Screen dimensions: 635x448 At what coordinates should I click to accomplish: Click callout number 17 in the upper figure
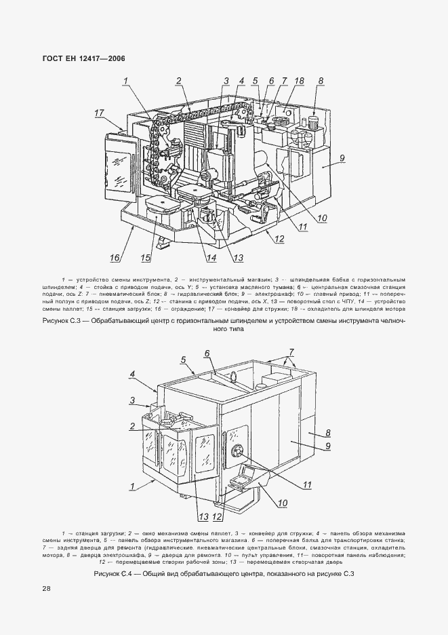click(99, 113)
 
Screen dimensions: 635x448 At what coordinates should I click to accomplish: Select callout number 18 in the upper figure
click(299, 81)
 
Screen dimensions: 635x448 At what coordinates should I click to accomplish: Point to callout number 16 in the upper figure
click(115, 257)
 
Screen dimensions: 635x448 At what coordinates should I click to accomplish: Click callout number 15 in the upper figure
click(145, 257)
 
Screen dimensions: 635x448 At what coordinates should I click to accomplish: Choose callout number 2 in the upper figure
click(179, 81)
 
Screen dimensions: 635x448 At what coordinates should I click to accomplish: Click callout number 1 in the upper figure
click(125, 81)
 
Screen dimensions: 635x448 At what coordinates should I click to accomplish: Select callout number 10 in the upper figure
click(321, 218)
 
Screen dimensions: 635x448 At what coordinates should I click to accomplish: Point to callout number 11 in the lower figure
click(307, 484)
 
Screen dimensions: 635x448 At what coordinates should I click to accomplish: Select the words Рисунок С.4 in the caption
click(115, 575)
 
